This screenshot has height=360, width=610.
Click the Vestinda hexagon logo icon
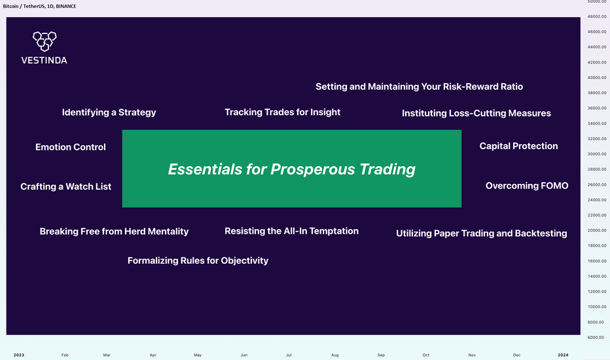pos(45,41)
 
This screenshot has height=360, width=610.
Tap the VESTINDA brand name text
pos(44,60)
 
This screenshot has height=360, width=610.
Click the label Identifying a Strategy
pos(109,113)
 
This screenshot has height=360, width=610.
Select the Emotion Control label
pos(71,147)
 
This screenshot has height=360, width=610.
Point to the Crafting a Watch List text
pos(65,187)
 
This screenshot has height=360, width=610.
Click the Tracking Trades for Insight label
pos(283,112)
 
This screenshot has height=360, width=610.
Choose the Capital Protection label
pos(518,146)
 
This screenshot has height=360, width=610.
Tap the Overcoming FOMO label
pos(527,186)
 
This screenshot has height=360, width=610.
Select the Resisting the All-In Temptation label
pos(291,231)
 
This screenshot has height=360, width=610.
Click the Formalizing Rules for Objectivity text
pos(198,261)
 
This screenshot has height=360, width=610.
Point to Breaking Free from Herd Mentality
pos(114,232)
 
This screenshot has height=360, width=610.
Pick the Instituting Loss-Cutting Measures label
pos(476,113)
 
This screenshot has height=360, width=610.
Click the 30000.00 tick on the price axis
pos(597,154)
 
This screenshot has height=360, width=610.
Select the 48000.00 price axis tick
pos(597,17)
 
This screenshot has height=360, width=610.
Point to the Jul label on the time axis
pos(289,355)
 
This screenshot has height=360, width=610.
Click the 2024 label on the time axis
pos(563,355)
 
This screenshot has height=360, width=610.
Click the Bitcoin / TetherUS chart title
pos(24,7)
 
